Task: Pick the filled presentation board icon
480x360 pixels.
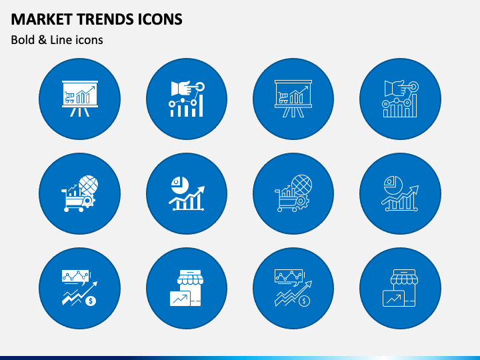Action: coord(80,99)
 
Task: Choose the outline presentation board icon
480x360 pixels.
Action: coord(293,99)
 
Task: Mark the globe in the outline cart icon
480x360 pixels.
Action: coord(301,185)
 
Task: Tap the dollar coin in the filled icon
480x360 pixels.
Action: coord(91,301)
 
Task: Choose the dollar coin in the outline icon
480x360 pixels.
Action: coord(304,301)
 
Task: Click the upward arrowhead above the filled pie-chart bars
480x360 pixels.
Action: coord(202,189)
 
